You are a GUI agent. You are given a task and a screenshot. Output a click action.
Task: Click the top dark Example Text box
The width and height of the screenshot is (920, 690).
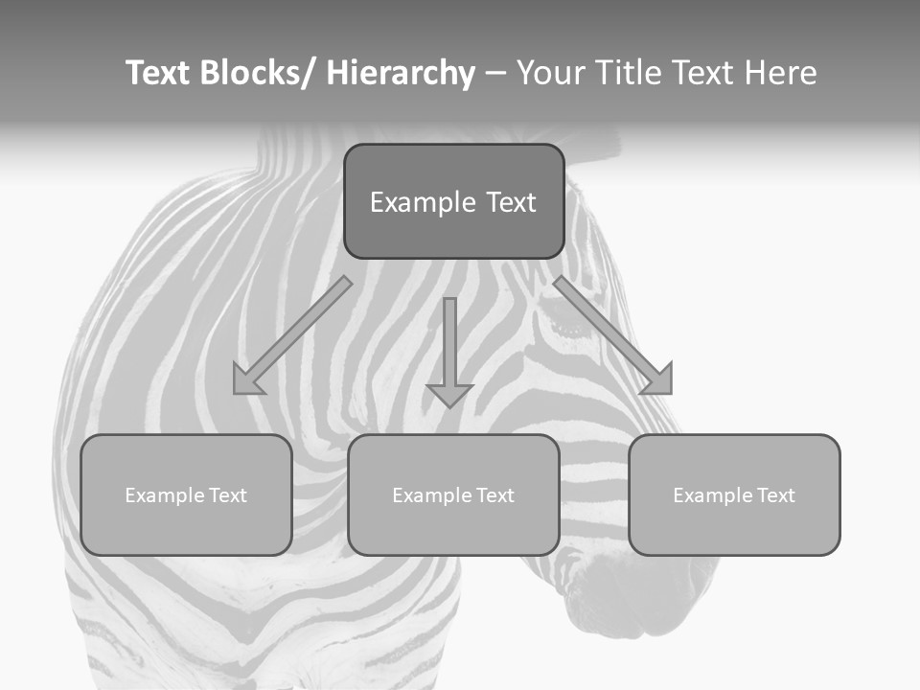(453, 201)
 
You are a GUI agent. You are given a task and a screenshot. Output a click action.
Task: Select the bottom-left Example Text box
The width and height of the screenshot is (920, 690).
(186, 494)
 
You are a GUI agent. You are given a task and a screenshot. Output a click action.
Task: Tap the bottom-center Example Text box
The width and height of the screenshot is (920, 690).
(453, 494)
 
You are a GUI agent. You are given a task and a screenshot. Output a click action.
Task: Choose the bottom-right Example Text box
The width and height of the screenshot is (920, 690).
(734, 494)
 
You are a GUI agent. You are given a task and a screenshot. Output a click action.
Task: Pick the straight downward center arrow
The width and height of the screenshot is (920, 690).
(449, 350)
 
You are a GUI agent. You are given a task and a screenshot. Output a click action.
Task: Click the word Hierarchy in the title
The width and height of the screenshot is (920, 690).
(401, 73)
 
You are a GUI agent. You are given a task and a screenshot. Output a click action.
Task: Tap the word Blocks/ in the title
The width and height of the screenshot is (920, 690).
(257, 73)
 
